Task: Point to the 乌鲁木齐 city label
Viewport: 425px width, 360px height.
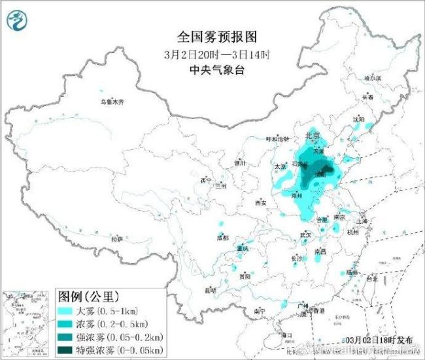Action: (112, 102)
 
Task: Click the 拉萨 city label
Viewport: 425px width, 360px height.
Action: (117, 239)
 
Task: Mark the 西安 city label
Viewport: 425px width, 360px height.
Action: (260, 203)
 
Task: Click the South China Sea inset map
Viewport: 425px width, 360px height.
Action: (25, 324)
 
